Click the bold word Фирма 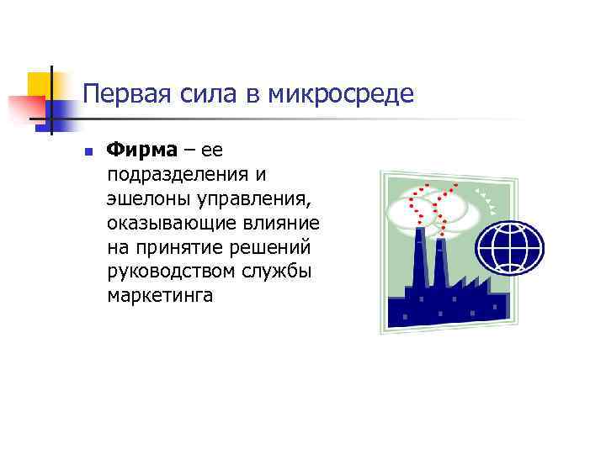click(142, 150)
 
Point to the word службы click(279, 272)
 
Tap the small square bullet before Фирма click(87, 152)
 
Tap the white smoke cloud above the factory click(438, 209)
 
